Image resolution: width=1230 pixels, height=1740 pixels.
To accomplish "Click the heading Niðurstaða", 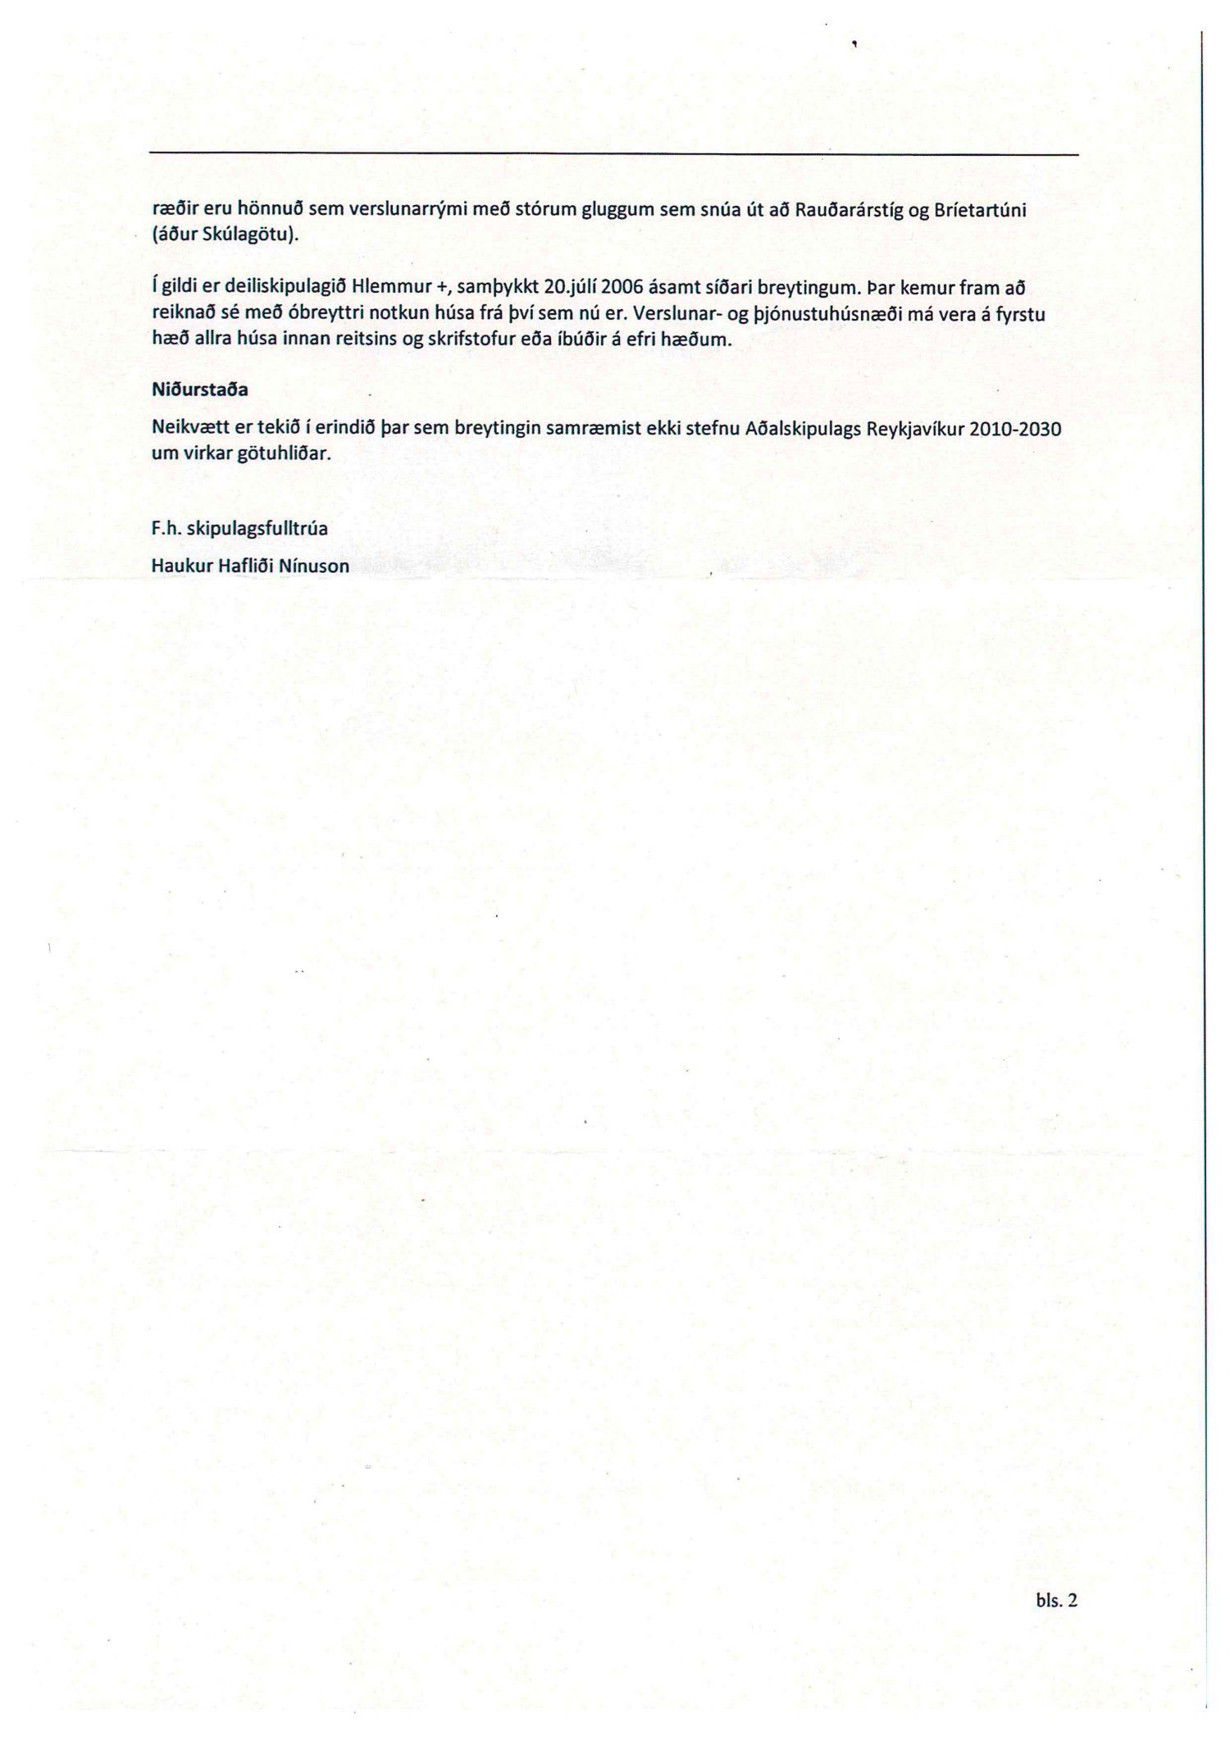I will pyautogui.click(x=200, y=390).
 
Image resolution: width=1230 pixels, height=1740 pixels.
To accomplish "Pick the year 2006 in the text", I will pyautogui.click(x=624, y=289).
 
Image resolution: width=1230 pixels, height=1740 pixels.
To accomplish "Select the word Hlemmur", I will pyautogui.click(x=384, y=289).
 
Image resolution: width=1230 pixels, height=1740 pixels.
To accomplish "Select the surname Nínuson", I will pyautogui.click(x=314, y=566).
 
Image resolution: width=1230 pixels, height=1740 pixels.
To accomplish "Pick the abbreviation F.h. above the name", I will pyautogui.click(x=166, y=529).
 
